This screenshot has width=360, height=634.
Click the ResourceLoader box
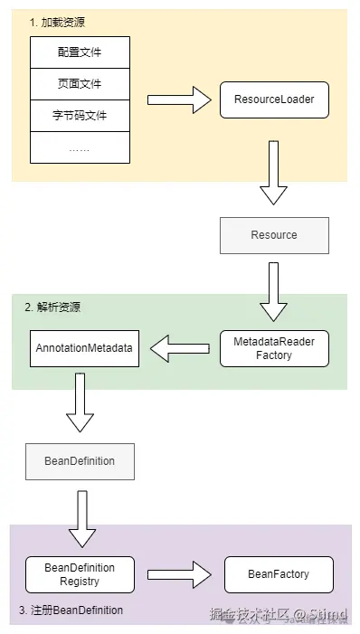pyautogui.click(x=274, y=99)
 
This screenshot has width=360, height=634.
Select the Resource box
pyautogui.click(x=274, y=235)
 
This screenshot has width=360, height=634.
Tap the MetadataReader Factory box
pyautogui.click(x=274, y=348)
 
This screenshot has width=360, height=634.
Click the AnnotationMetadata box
pyautogui.click(x=84, y=348)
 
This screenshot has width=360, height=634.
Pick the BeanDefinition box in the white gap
pyautogui.click(x=80, y=461)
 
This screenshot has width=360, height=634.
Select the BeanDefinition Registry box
pyautogui.click(x=80, y=574)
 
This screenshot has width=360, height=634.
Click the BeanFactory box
pyautogui.click(x=279, y=574)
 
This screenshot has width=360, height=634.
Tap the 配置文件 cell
pyautogui.click(x=80, y=52)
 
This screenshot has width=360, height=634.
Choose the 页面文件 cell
pyautogui.click(x=80, y=84)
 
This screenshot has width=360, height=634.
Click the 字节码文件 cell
pyautogui.click(x=80, y=116)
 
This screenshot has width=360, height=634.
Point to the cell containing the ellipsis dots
pyautogui.click(x=80, y=147)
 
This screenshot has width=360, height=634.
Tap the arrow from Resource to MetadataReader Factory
pyautogui.click(x=274, y=288)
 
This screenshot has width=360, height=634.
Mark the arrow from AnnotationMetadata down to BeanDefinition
pyautogui.click(x=80, y=403)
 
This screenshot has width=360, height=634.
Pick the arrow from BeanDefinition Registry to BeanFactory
pyautogui.click(x=178, y=574)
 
